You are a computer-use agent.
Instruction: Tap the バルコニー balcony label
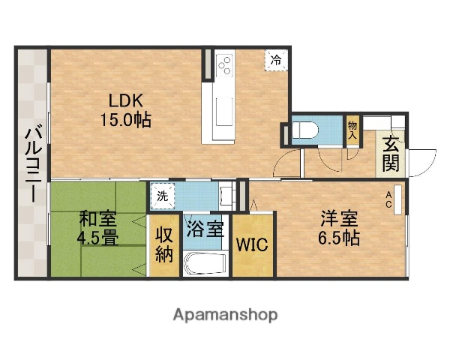click(32, 163)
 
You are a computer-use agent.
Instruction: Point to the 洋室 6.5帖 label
click(339, 228)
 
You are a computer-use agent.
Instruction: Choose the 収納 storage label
click(164, 244)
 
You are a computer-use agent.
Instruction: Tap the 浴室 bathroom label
click(205, 228)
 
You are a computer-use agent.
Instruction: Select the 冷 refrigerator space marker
click(277, 59)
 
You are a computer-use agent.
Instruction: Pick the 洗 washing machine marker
click(163, 196)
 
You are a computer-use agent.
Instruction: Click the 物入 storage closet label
click(352, 128)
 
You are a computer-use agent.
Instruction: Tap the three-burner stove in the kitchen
click(223, 66)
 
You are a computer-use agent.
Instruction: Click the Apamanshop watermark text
click(225, 314)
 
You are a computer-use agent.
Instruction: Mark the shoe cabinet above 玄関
click(391, 123)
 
